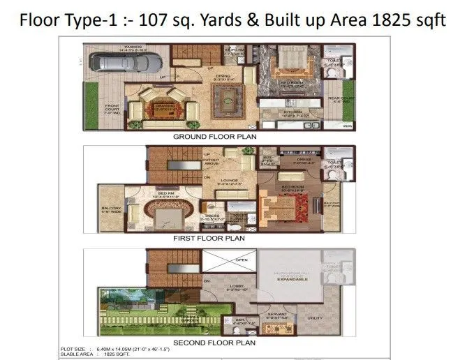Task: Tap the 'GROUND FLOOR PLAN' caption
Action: [214, 137]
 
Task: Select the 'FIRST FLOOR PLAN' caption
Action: [209, 238]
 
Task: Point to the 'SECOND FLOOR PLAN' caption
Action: [214, 342]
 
